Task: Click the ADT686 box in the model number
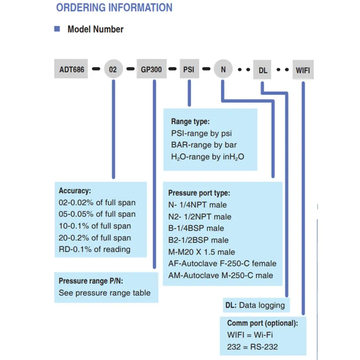[71, 69]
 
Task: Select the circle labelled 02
[113, 69]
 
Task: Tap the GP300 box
[152, 69]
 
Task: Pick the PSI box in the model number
[189, 69]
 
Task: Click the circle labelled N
[223, 69]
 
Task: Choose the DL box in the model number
[262, 70]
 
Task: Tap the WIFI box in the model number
[303, 70]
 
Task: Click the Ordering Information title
[114, 8]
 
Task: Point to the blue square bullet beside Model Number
[57, 29]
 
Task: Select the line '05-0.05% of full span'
[97, 214]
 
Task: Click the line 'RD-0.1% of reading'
[94, 249]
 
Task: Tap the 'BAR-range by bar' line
[204, 145]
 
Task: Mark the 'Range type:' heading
[190, 121]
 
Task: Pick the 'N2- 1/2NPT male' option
[200, 216]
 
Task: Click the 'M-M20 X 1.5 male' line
[202, 252]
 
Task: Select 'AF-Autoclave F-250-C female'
[222, 263]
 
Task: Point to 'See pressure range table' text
[105, 293]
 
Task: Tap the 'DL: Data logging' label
[255, 305]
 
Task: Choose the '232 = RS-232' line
[252, 346]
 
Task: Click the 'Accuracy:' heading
[75, 190]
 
